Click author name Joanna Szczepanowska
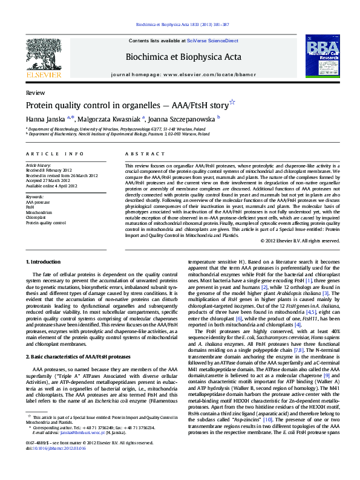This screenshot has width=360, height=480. click(187, 118)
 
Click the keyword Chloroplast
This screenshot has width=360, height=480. click(35, 217)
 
